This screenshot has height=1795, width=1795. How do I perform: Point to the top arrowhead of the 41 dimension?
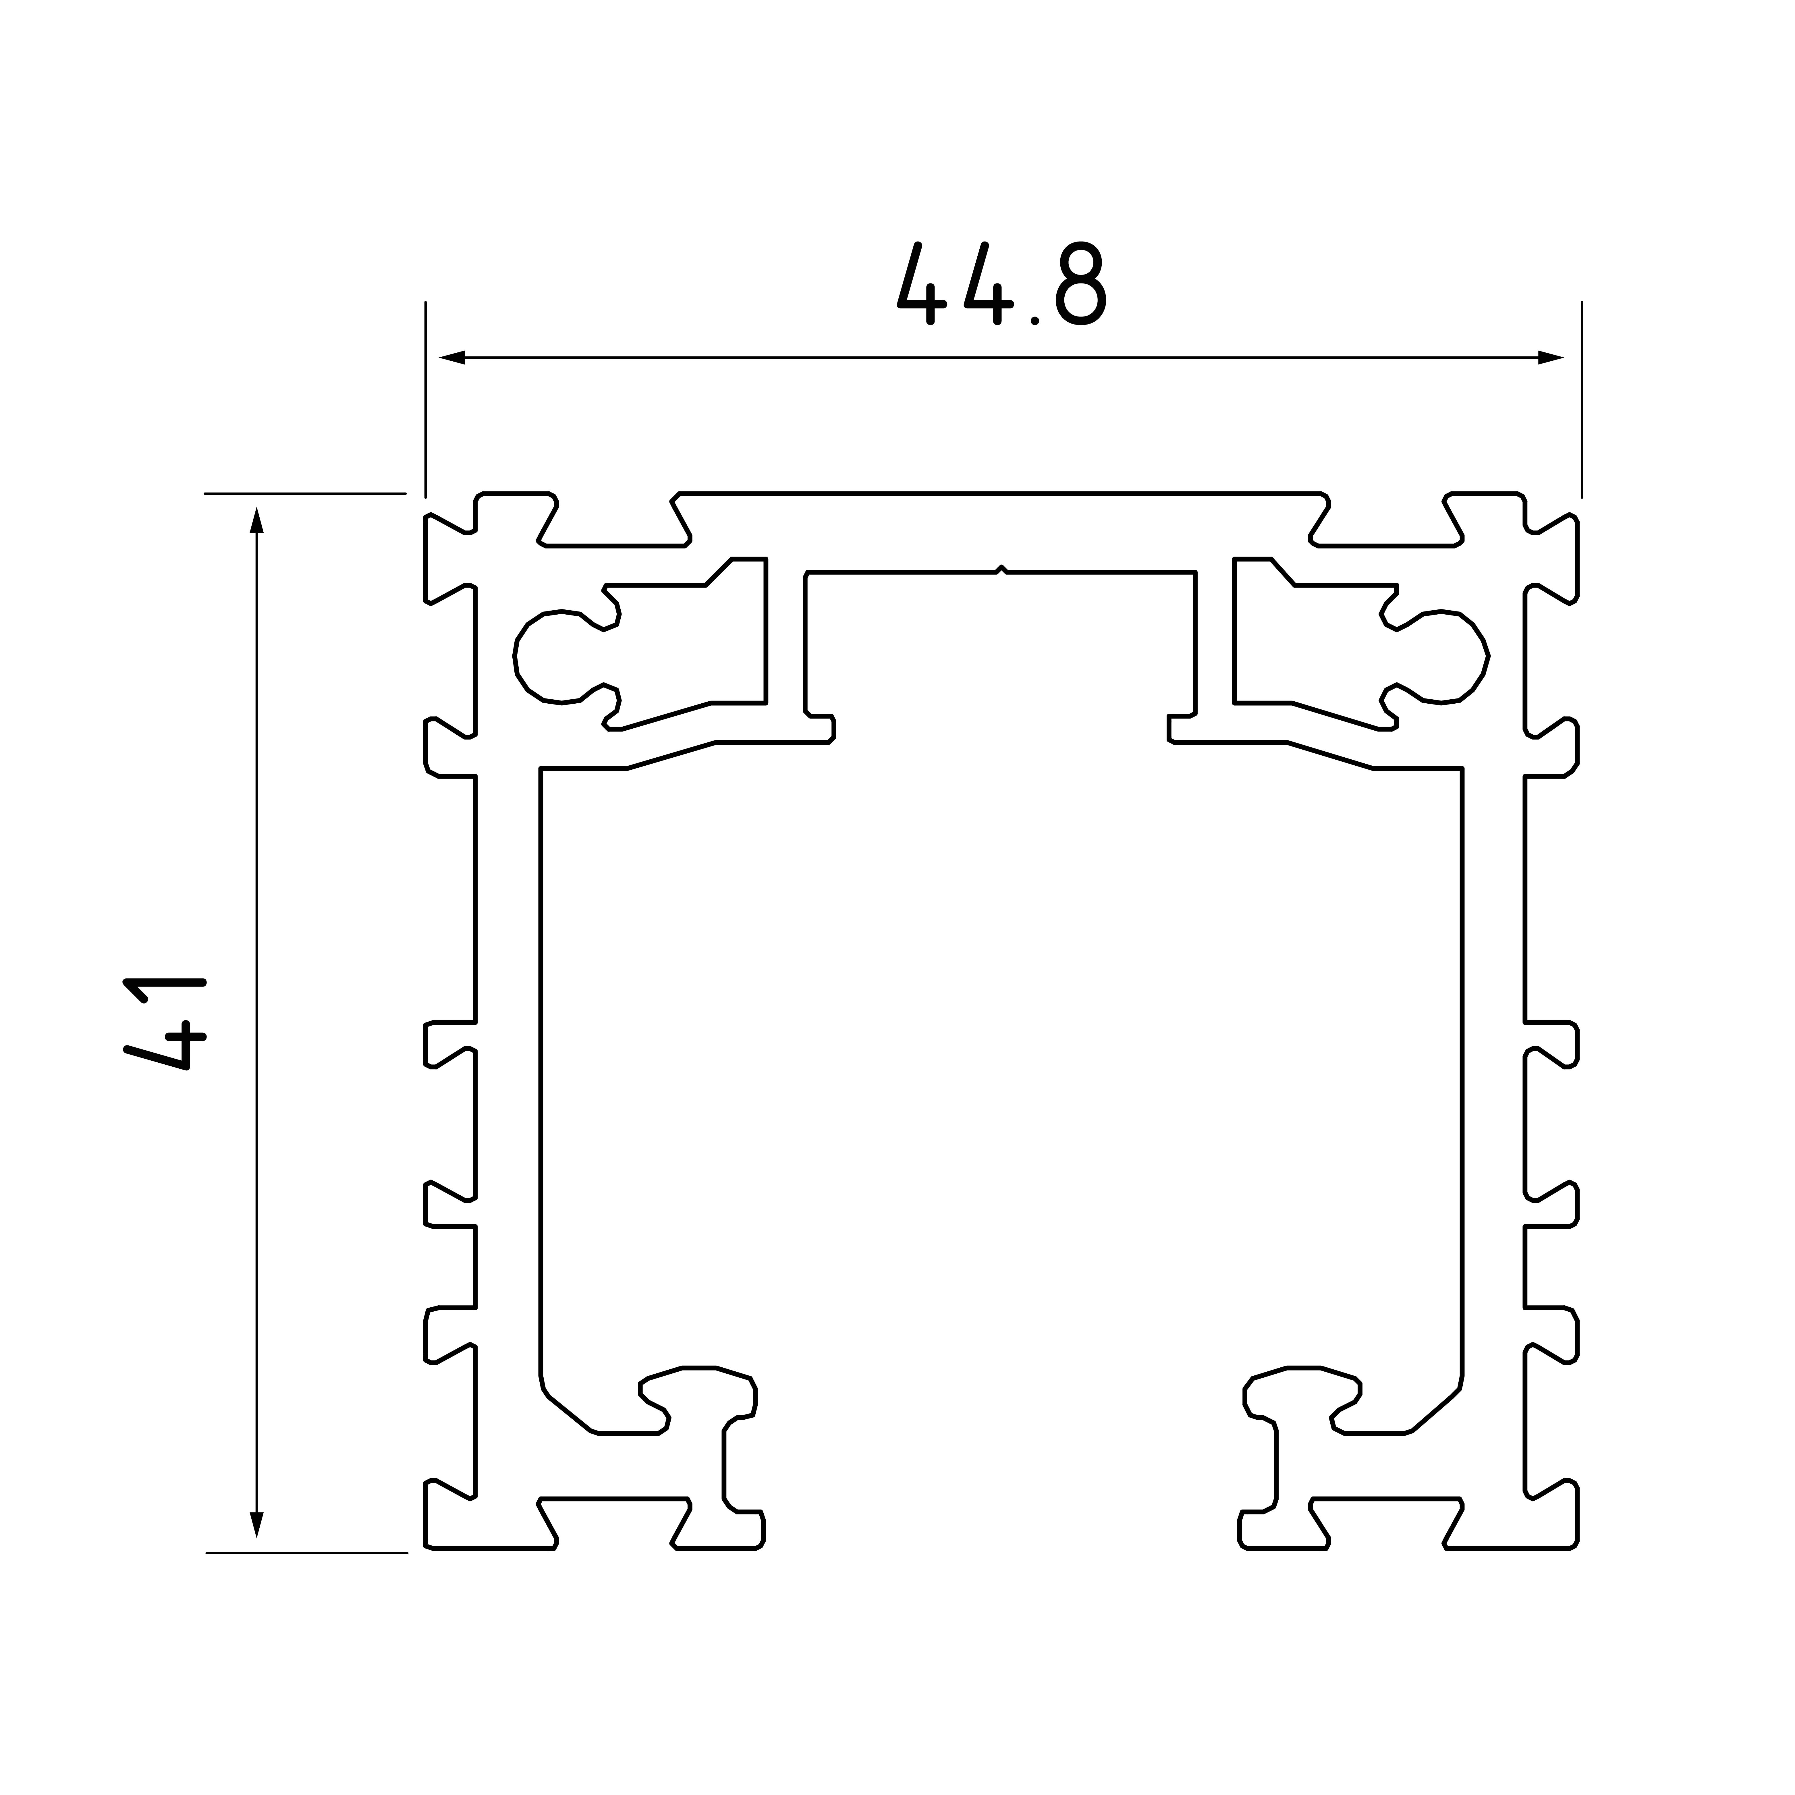(x=257, y=519)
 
